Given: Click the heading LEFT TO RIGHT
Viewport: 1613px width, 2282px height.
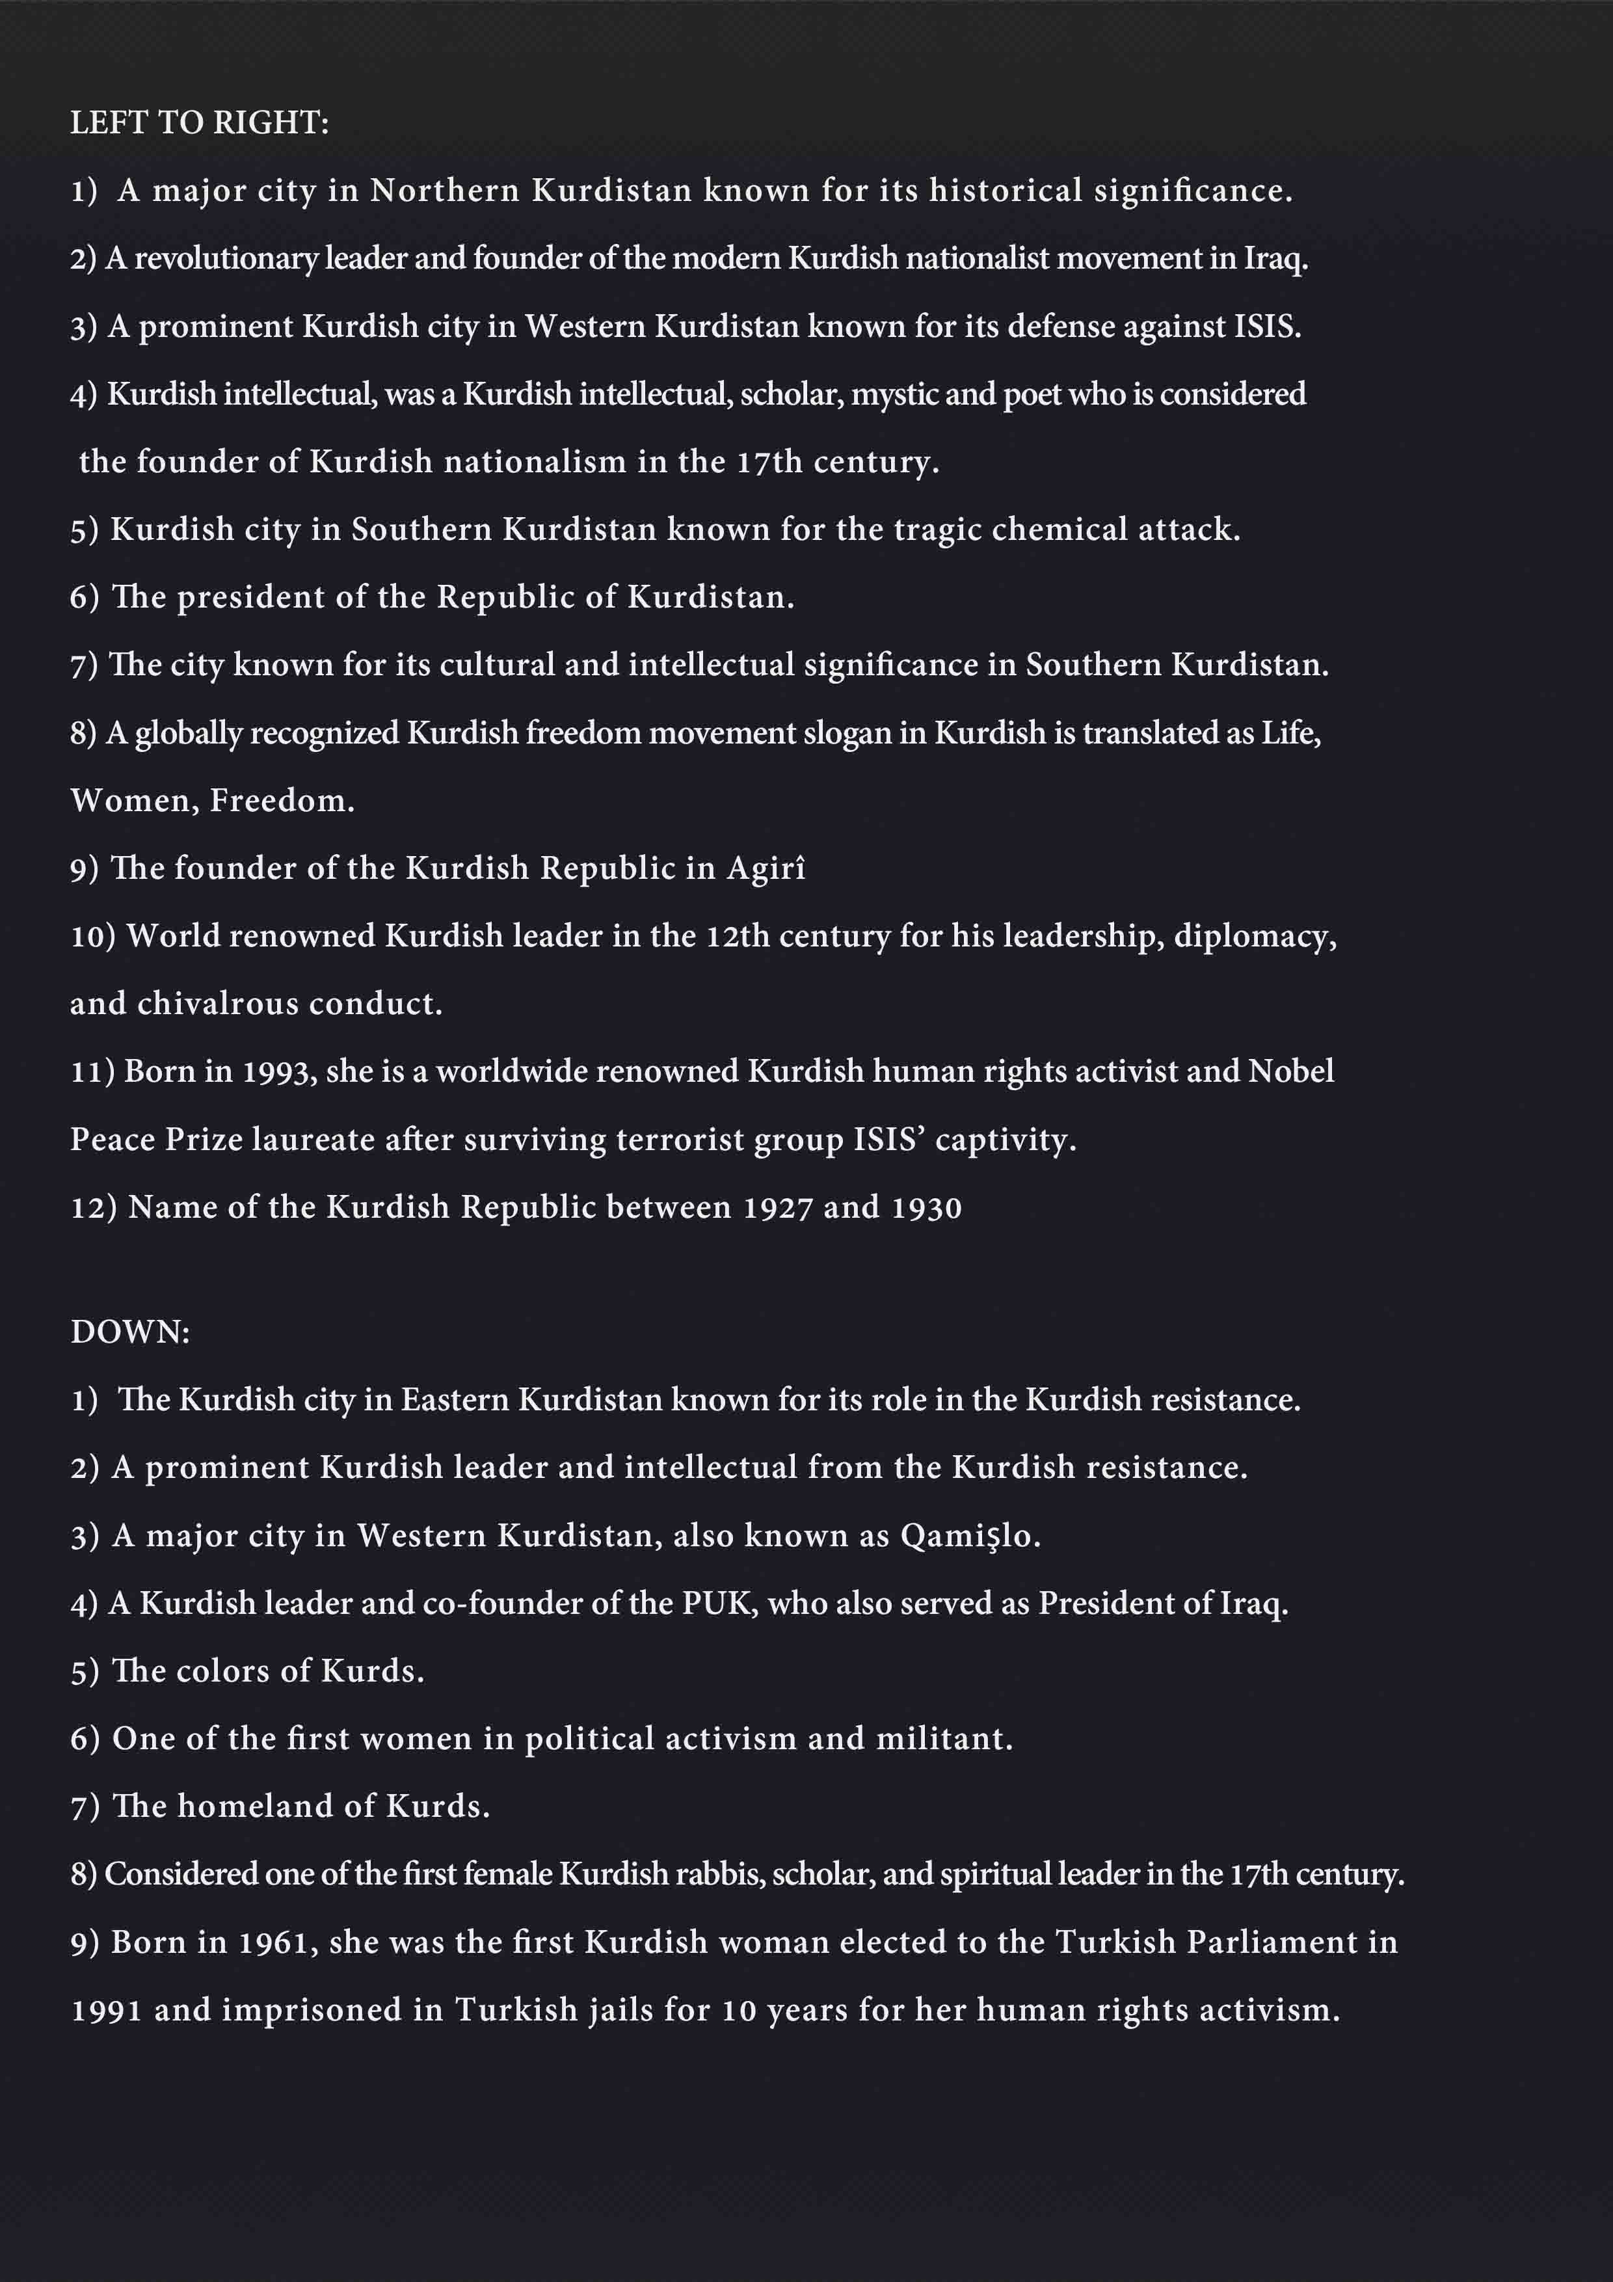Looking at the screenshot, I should click(199, 122).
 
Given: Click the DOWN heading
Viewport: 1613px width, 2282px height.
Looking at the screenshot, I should click(129, 1332).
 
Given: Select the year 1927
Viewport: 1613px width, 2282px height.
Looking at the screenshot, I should click(778, 1207).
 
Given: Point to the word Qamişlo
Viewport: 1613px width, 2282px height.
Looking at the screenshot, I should click(969, 1537).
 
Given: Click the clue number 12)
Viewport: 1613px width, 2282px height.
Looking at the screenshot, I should click(94, 1207).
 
